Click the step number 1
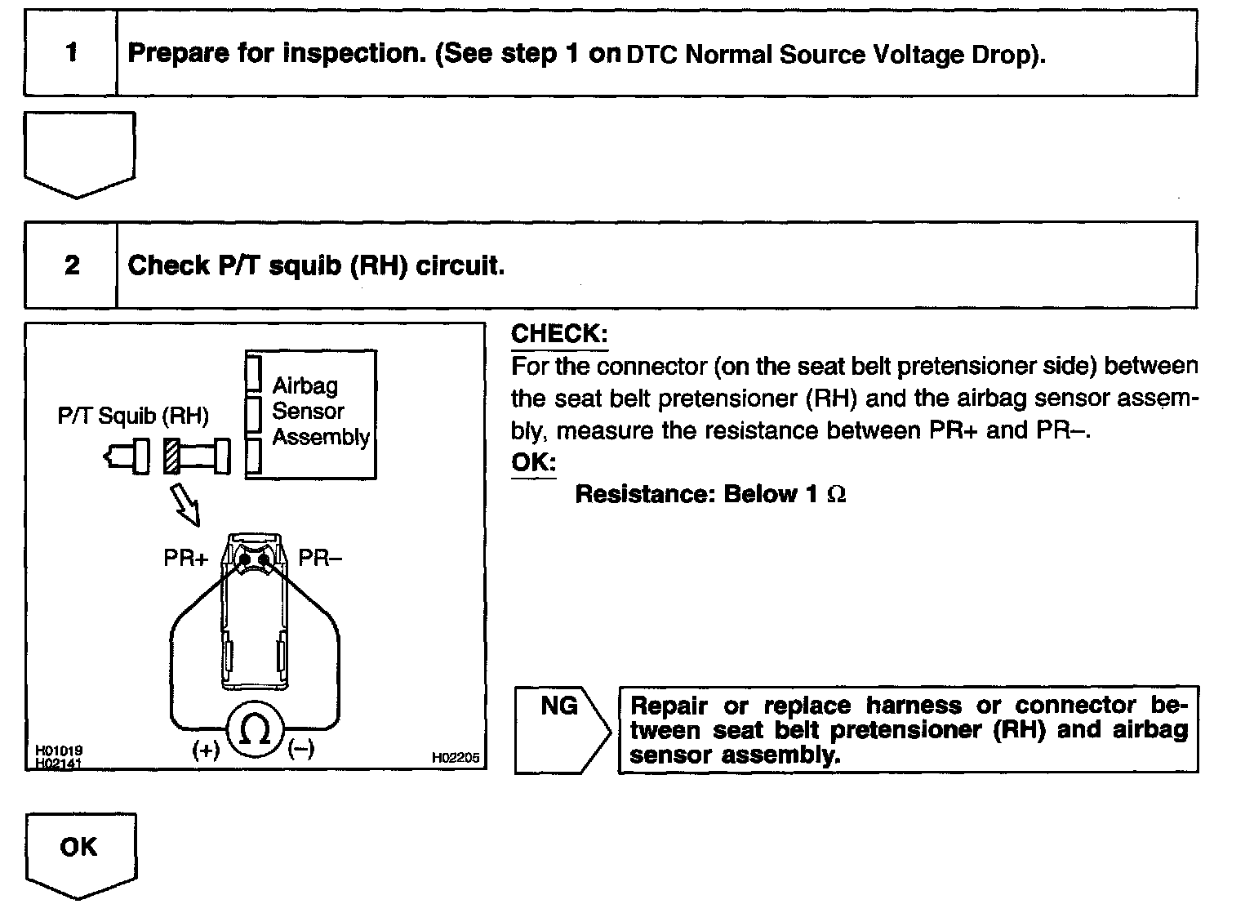point(72,53)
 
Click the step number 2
point(72,265)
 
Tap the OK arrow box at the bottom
point(79,848)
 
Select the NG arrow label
point(559,706)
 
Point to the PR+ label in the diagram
point(186,559)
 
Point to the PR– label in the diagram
point(320,559)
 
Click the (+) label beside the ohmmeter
point(206,750)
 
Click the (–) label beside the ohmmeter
point(301,748)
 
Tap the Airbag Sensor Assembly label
point(320,412)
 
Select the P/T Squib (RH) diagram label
point(133,416)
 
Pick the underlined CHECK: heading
point(559,334)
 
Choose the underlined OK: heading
point(533,462)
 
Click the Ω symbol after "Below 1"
point(836,495)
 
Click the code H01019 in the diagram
point(58,750)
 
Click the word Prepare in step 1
point(178,54)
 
